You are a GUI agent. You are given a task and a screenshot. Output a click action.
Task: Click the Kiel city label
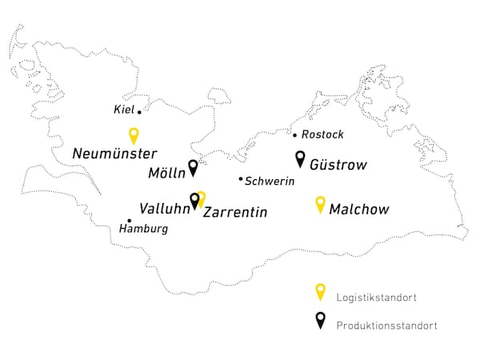coord(124,109)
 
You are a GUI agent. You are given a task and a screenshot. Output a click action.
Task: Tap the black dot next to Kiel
coord(139,112)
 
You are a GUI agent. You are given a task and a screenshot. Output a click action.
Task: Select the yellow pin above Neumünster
coord(134,135)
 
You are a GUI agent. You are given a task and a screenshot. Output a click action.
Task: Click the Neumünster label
coord(114,153)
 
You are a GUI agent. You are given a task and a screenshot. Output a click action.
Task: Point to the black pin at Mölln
coord(193,167)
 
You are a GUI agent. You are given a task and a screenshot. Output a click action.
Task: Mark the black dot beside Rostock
coord(295,136)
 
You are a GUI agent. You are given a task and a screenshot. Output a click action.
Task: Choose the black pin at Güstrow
coord(300,158)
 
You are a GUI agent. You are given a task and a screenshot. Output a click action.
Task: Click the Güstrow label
coord(338,166)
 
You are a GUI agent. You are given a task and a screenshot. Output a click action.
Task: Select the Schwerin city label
coord(270,182)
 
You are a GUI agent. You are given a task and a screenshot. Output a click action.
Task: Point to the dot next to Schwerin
coord(241,179)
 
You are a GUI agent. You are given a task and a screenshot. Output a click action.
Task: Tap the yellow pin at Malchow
coord(321,204)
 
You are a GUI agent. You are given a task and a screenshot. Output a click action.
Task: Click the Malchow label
coord(359,210)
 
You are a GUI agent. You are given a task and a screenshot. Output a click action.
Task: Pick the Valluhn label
coord(163,209)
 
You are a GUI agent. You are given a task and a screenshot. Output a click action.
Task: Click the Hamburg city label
coord(143,230)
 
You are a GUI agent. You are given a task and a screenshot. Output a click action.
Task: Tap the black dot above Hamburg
coord(130,221)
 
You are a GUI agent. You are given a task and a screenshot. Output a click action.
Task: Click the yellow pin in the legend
coord(320,291)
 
